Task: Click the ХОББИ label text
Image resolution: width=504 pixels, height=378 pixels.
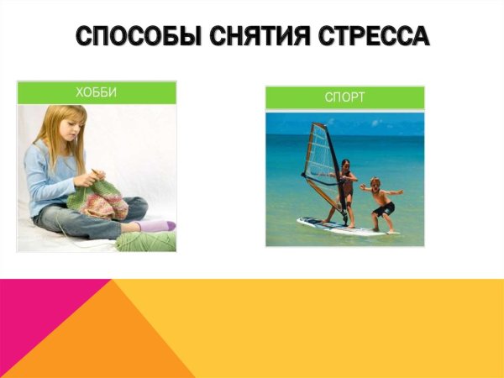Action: (x=97, y=92)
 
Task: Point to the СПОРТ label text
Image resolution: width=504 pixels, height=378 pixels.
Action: (x=344, y=97)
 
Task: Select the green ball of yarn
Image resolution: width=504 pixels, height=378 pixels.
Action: (x=147, y=242)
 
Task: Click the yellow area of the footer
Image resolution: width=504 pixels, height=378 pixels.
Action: (x=353, y=328)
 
